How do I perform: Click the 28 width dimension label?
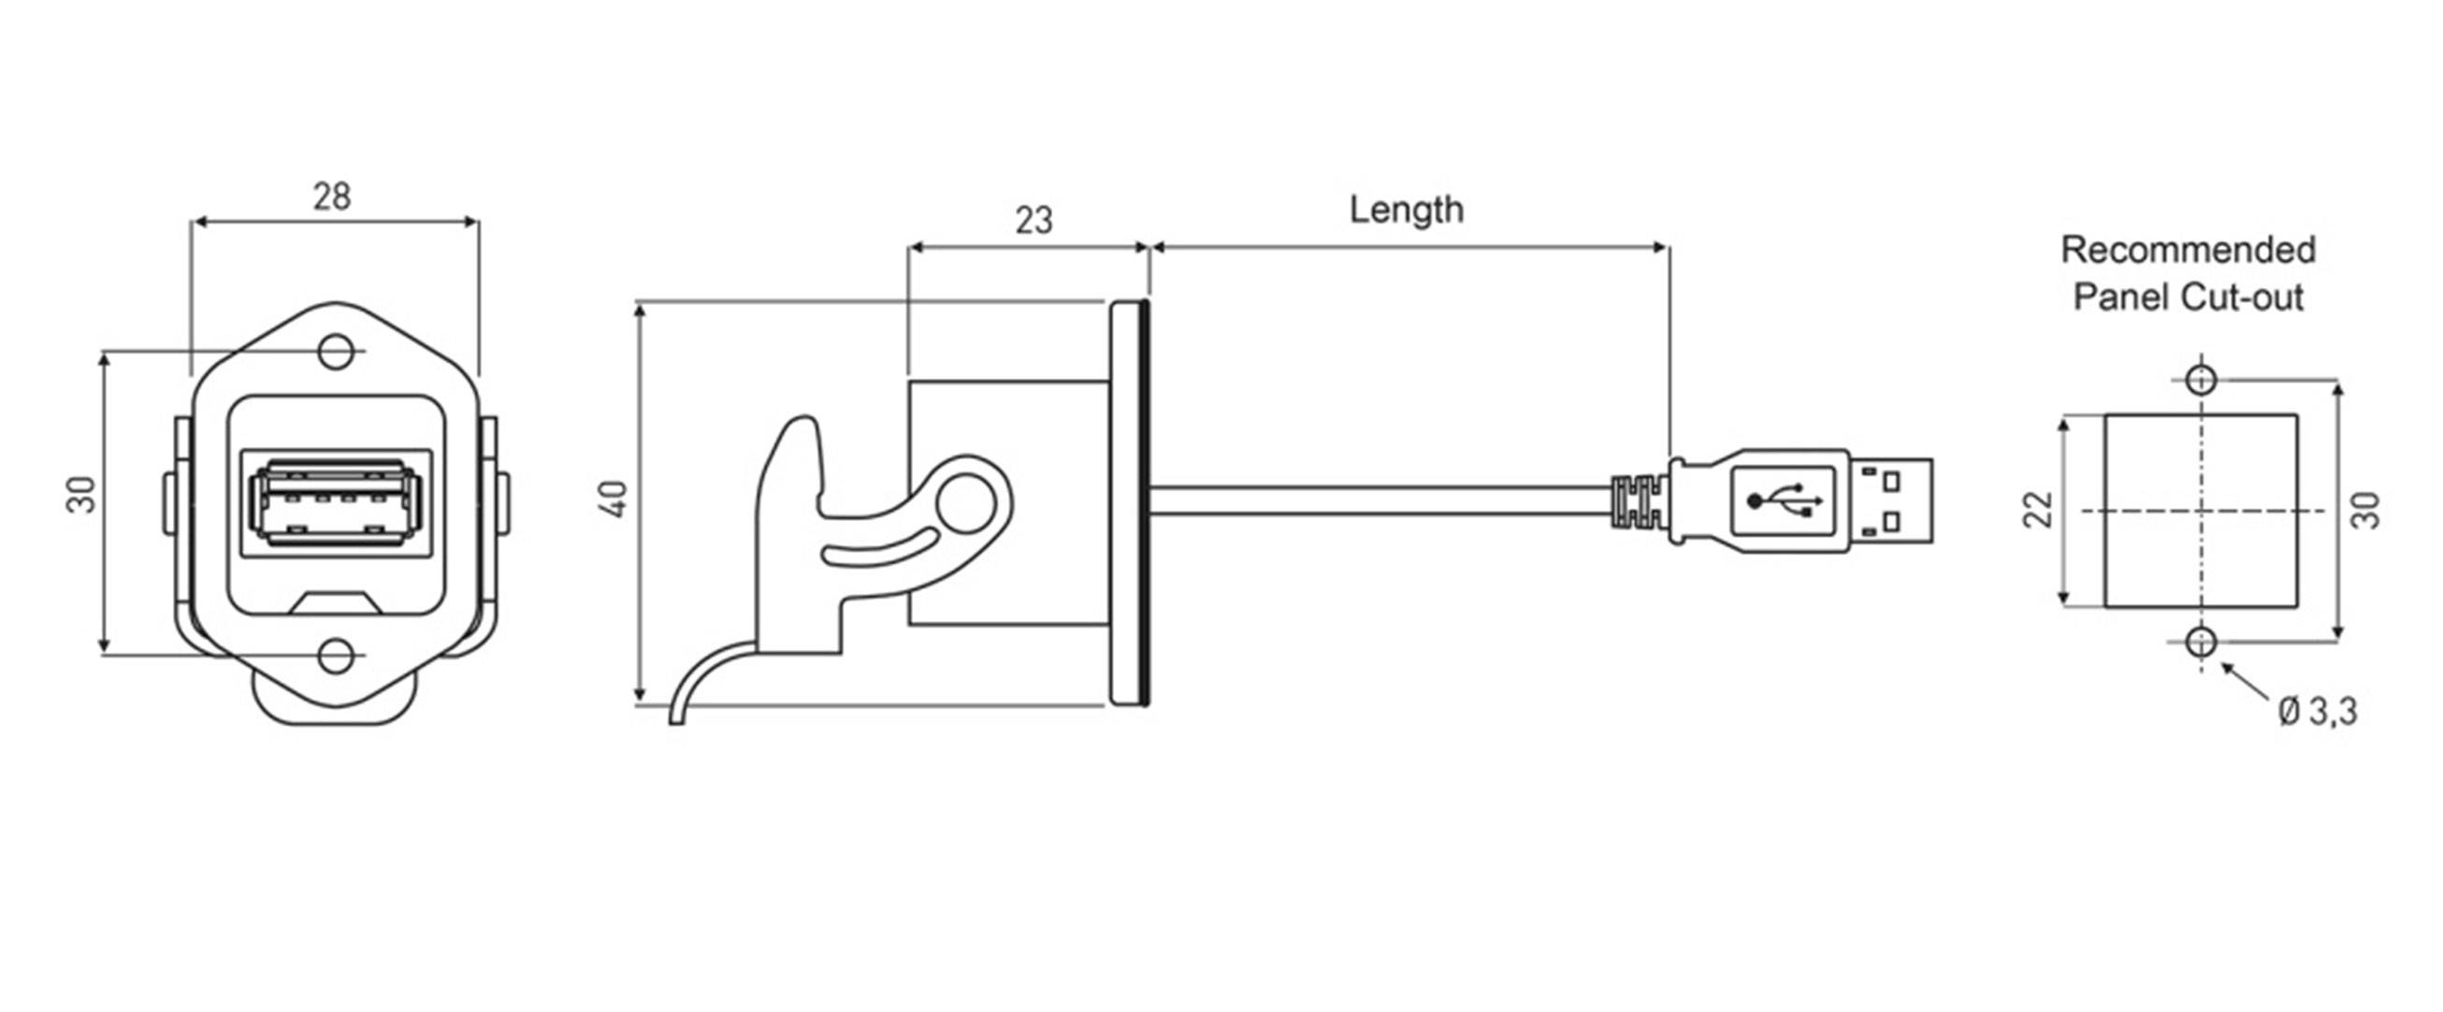[332, 196]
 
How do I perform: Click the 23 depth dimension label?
[1033, 220]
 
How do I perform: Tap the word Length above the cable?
[1406, 210]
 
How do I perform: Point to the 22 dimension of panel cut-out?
[2038, 510]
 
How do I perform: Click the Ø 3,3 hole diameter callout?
[2317, 711]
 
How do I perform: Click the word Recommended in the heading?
[2188, 251]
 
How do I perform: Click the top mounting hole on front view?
[335, 351]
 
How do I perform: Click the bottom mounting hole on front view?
[335, 656]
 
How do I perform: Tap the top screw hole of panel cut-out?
[2200, 380]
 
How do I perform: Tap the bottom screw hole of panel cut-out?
[2200, 643]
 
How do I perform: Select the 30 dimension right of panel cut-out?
[2366, 510]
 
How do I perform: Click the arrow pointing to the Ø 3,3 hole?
[2243, 682]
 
